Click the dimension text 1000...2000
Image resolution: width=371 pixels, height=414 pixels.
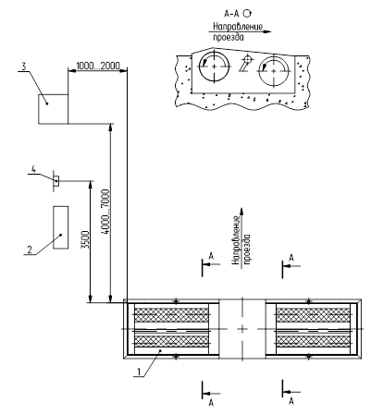point(97,66)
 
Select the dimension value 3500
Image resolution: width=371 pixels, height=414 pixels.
point(87,239)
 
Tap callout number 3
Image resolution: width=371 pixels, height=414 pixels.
point(24,67)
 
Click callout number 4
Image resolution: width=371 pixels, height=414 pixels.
point(33,169)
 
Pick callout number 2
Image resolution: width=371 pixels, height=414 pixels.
point(30,249)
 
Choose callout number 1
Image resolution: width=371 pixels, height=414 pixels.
point(139,371)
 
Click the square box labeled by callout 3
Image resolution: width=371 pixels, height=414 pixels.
point(53,109)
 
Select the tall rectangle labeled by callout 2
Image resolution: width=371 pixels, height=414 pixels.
point(61,227)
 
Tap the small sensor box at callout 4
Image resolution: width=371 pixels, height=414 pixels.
point(56,181)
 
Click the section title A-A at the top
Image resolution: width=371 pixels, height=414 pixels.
point(232,14)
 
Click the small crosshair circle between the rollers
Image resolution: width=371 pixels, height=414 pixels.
point(247,58)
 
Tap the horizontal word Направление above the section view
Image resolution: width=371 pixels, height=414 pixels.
point(238,27)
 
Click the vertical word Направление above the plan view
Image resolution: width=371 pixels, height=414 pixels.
point(236,240)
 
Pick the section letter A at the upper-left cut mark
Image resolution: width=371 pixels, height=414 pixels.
point(211,256)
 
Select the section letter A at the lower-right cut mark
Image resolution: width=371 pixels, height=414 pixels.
point(291,401)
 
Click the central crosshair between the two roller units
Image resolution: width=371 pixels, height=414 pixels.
point(242,329)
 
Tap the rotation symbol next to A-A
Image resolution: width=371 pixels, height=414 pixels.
point(247,13)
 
